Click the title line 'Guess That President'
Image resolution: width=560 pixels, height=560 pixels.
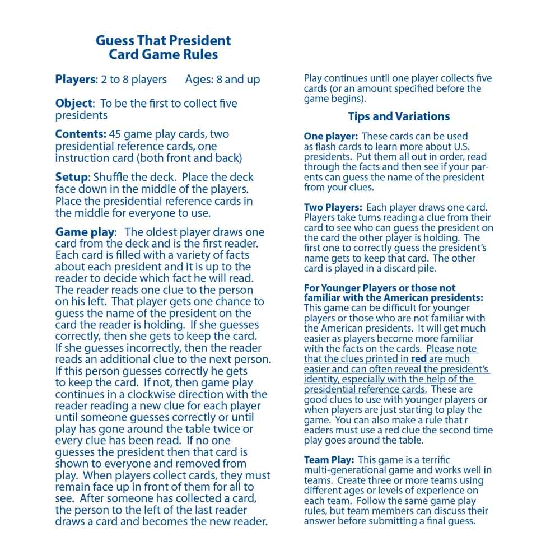163,40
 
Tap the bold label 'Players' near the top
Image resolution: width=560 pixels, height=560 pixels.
75,80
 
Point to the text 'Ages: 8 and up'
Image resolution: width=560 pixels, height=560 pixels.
222,80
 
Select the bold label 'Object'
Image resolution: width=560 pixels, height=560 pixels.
73,104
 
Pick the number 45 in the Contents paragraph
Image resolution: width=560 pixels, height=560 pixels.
115,134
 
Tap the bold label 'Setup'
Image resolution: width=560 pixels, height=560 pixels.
71,177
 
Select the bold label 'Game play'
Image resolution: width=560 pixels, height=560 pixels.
85,232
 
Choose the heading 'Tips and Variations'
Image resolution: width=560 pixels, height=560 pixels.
399,116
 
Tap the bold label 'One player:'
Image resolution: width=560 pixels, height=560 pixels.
330,137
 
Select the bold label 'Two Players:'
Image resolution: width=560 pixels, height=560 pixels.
333,208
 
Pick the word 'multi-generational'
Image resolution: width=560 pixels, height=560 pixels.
344,470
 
